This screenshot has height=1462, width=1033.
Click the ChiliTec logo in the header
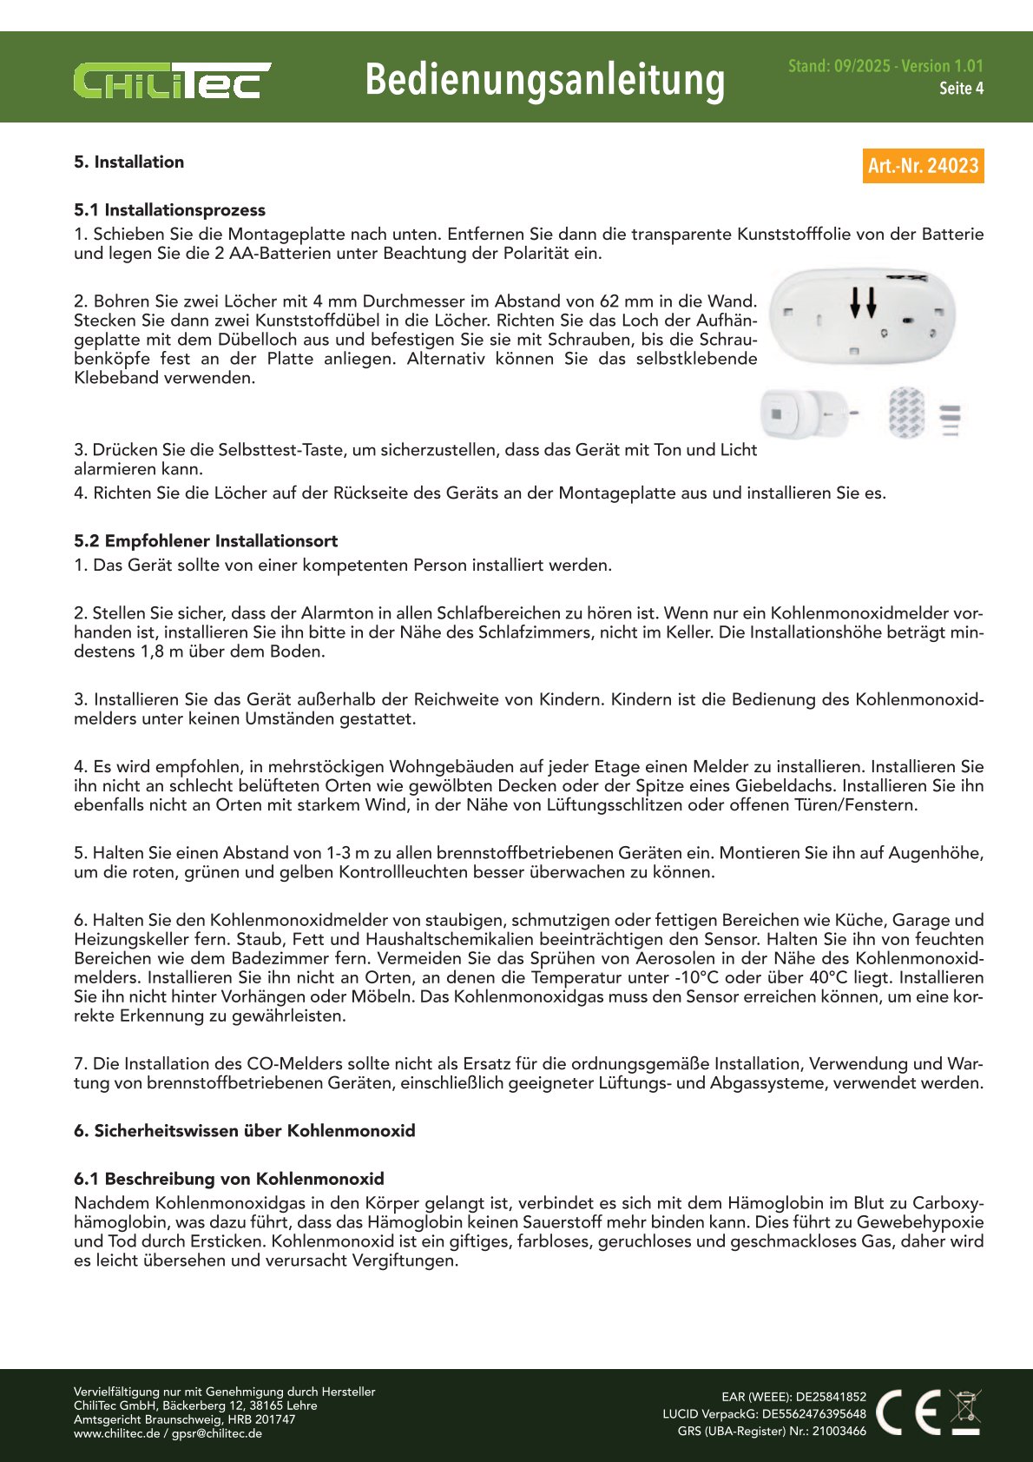(172, 80)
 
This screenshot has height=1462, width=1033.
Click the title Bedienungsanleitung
(544, 80)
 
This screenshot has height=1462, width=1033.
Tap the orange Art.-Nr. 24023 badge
(923, 166)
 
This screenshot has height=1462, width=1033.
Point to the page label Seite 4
(961, 89)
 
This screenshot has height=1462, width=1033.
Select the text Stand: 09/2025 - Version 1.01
(885, 66)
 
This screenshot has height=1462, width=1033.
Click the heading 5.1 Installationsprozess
(169, 210)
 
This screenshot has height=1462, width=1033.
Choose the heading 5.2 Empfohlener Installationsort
(206, 541)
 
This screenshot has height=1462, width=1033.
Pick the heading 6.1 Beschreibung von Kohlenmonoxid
(229, 1179)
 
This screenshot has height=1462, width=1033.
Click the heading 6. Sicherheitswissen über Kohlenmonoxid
(245, 1131)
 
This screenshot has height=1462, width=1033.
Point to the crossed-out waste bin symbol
(964, 1411)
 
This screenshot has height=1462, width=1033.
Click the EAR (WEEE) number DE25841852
(831, 1397)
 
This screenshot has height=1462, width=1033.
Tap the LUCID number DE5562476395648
(814, 1414)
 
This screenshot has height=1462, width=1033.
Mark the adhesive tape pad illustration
(906, 413)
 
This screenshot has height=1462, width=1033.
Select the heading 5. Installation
(128, 162)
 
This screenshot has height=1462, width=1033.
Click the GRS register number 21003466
(839, 1432)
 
